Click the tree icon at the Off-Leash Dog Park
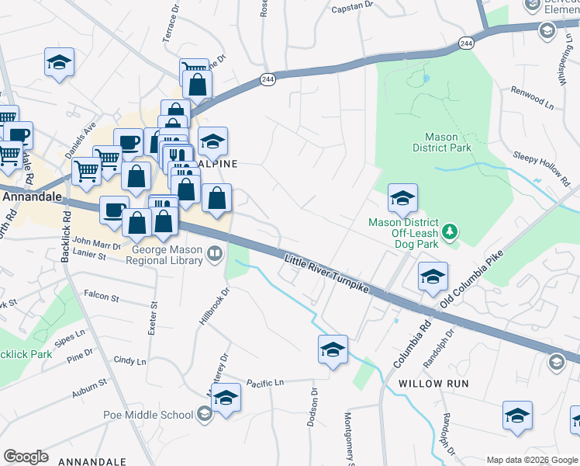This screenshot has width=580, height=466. click(x=449, y=231)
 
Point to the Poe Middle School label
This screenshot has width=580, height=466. click(x=148, y=415)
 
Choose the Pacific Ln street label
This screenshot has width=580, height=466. click(x=265, y=382)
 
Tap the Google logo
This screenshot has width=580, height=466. click(x=26, y=457)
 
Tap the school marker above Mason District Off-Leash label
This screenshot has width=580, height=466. click(x=402, y=200)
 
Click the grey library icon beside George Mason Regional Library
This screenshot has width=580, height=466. click(x=214, y=252)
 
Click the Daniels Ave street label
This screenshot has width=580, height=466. click(x=81, y=137)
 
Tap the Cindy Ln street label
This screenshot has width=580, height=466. click(x=129, y=361)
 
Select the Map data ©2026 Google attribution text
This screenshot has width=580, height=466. click(x=530, y=460)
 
